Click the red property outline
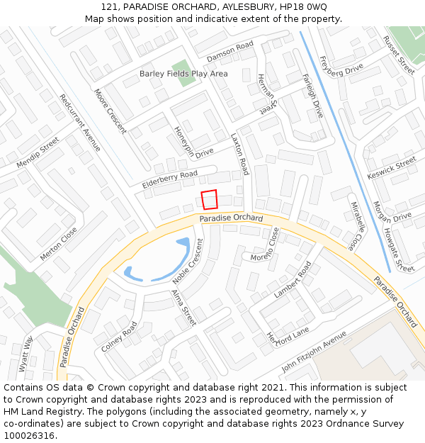point(209,200)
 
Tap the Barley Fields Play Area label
point(183,74)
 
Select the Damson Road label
point(229,51)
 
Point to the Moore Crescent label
point(110,111)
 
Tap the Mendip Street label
point(38,155)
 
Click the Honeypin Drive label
point(193,142)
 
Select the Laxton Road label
point(240,155)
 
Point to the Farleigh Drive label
point(312,96)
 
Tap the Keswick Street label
point(392,168)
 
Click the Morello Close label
point(265,245)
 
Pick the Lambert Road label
point(293,279)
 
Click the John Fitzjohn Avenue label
point(314,352)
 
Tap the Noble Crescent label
point(188,261)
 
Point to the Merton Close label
point(59,244)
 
